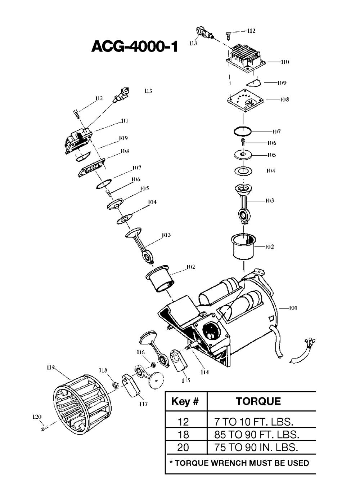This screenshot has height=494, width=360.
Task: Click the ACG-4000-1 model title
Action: [135, 46]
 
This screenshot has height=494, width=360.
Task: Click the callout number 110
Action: [285, 62]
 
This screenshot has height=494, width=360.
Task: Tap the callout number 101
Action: [293, 308]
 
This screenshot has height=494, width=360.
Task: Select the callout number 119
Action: [50, 368]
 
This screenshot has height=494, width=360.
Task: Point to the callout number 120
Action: [37, 417]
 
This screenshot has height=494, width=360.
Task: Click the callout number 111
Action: [124, 121]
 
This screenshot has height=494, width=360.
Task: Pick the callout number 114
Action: [204, 372]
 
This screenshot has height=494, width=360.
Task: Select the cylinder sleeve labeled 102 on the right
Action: [244, 247]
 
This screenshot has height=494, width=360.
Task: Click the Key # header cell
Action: [185, 401]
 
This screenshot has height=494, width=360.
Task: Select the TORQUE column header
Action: [258, 401]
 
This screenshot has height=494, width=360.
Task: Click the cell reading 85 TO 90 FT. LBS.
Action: [256, 434]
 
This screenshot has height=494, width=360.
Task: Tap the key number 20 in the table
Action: [183, 448]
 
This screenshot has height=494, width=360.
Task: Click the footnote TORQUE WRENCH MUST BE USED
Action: [239, 463]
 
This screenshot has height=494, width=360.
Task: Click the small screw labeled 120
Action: [44, 428]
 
